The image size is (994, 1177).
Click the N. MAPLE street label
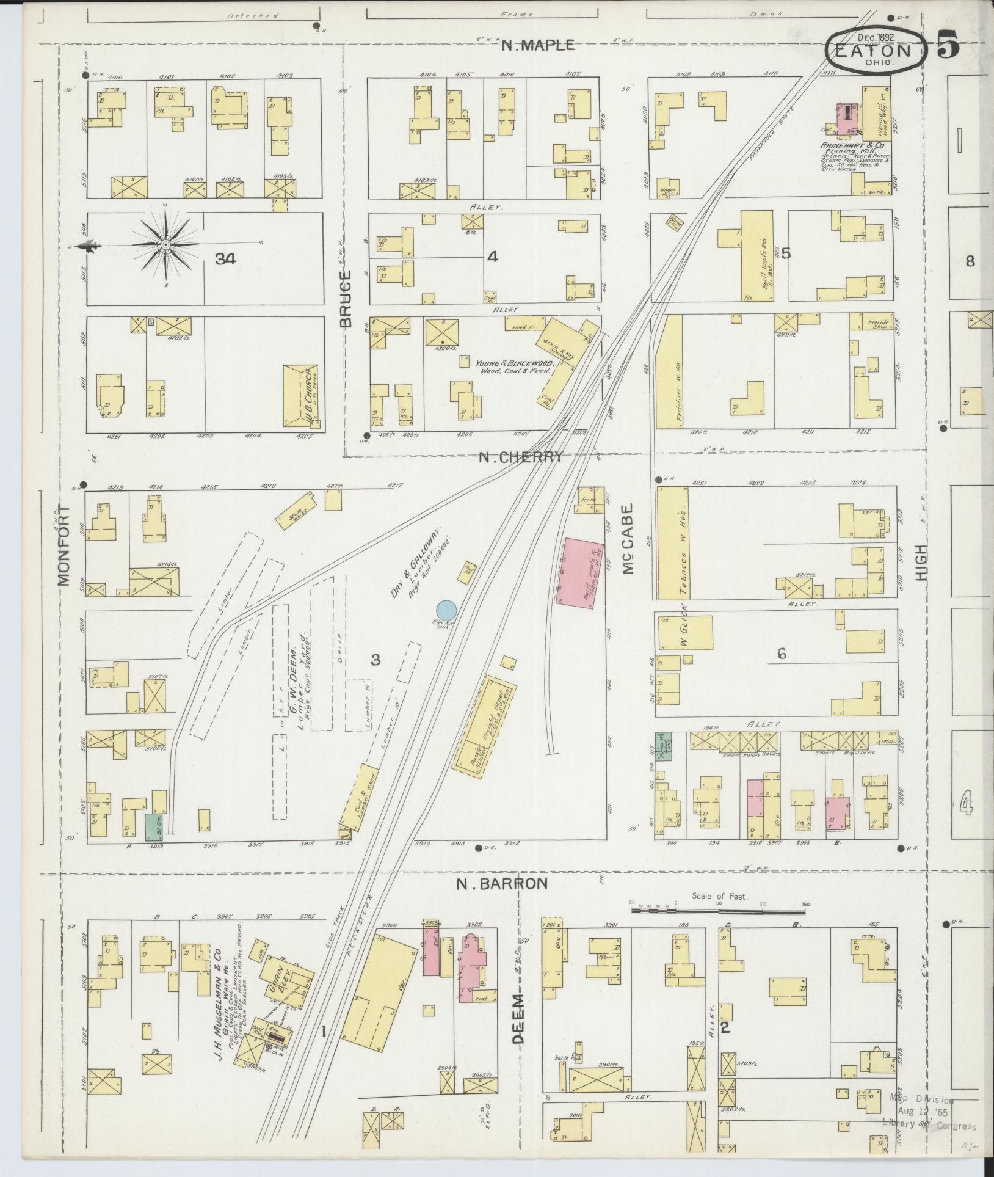coord(537,45)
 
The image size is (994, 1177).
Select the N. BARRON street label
coord(502,883)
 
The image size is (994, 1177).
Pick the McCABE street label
coord(629,539)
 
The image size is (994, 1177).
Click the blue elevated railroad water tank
coord(446,610)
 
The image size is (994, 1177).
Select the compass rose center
coord(165,244)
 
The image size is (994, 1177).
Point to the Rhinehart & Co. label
coord(849,147)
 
